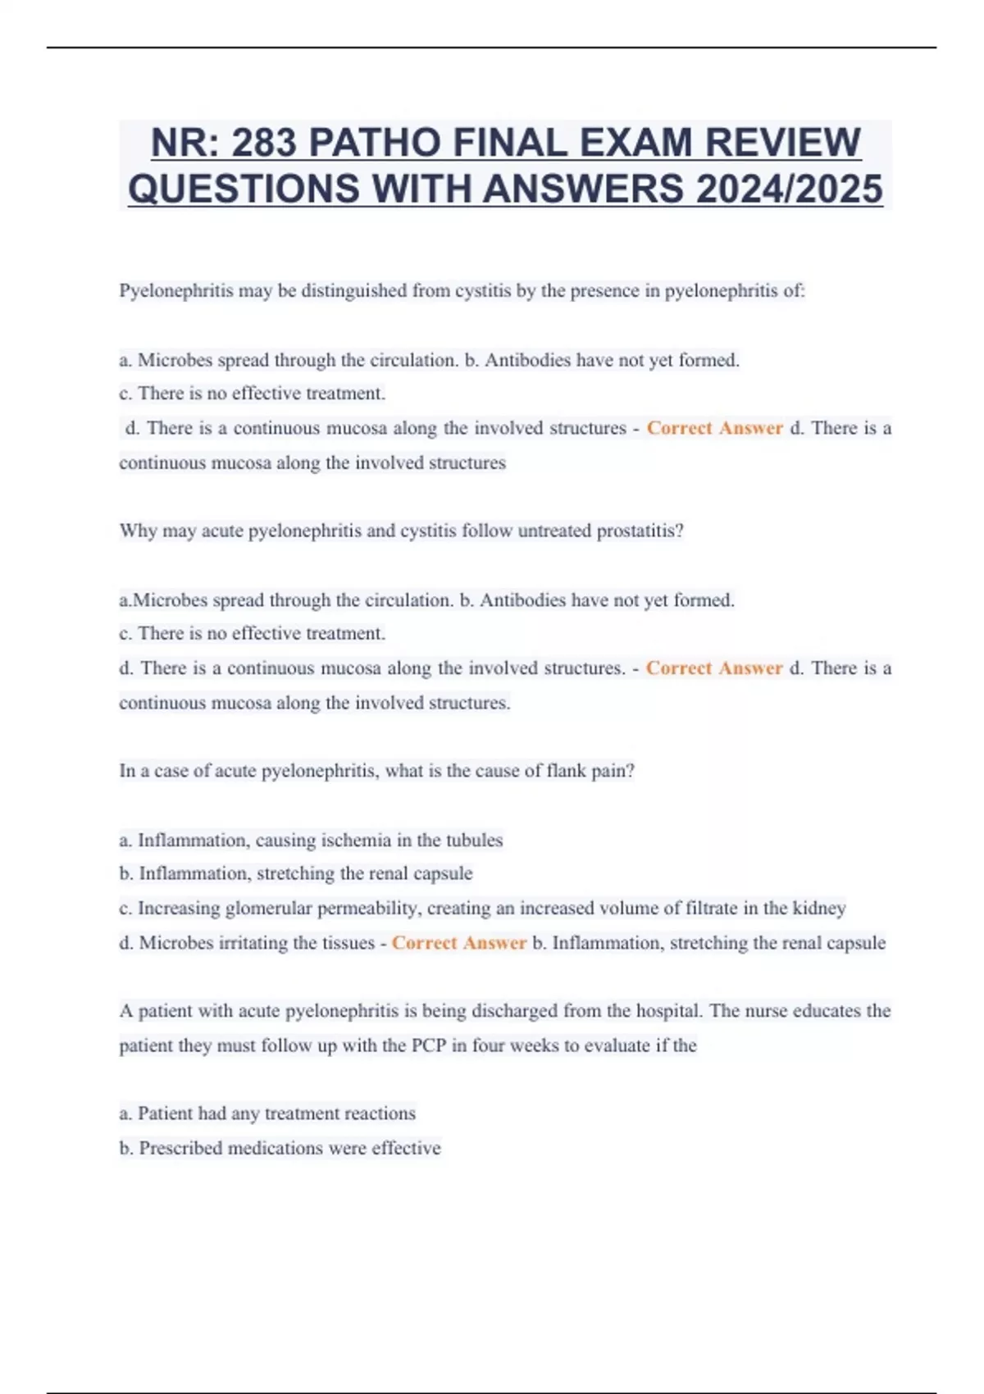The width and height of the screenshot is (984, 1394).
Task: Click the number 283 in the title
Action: (264, 143)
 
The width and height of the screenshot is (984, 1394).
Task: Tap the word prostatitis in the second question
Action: (640, 531)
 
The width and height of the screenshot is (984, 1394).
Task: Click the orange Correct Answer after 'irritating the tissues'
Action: (459, 944)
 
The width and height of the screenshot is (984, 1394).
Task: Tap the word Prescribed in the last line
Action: (180, 1149)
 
